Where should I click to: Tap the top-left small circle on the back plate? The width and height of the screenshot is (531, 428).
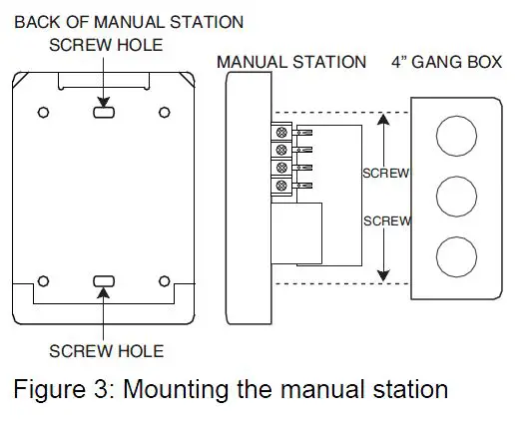(43, 113)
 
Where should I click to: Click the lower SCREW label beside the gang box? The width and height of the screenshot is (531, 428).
(386, 220)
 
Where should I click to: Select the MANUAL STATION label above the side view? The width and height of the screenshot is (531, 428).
(291, 63)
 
